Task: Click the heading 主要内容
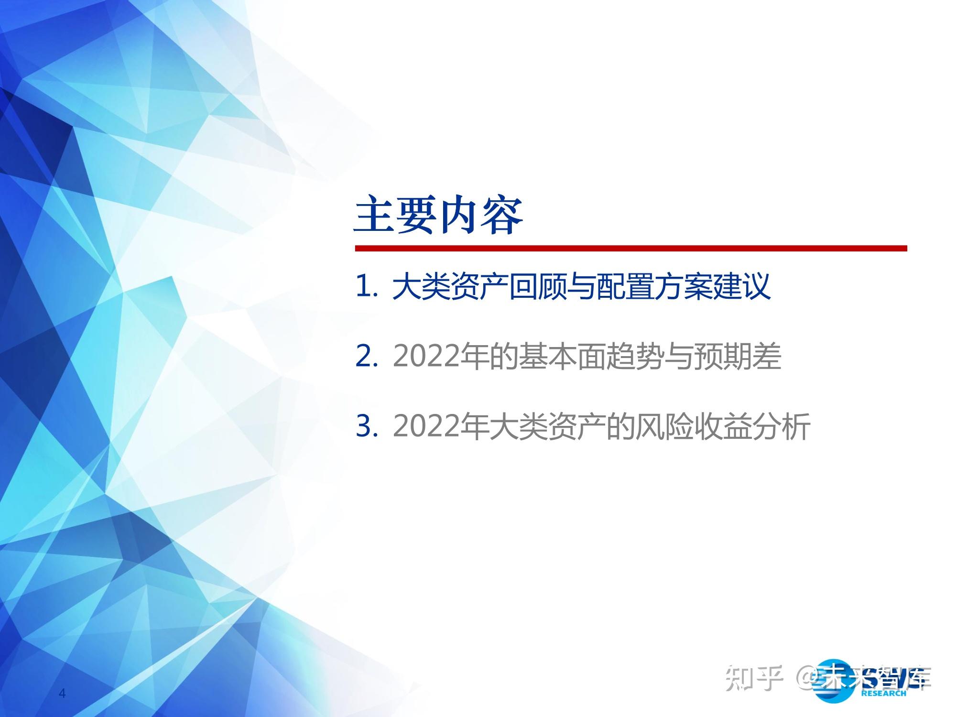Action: click(438, 216)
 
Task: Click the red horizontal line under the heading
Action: click(630, 248)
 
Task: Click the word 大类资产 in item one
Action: click(450, 287)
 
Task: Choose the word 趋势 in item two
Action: click(635, 357)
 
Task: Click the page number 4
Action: click(62, 694)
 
